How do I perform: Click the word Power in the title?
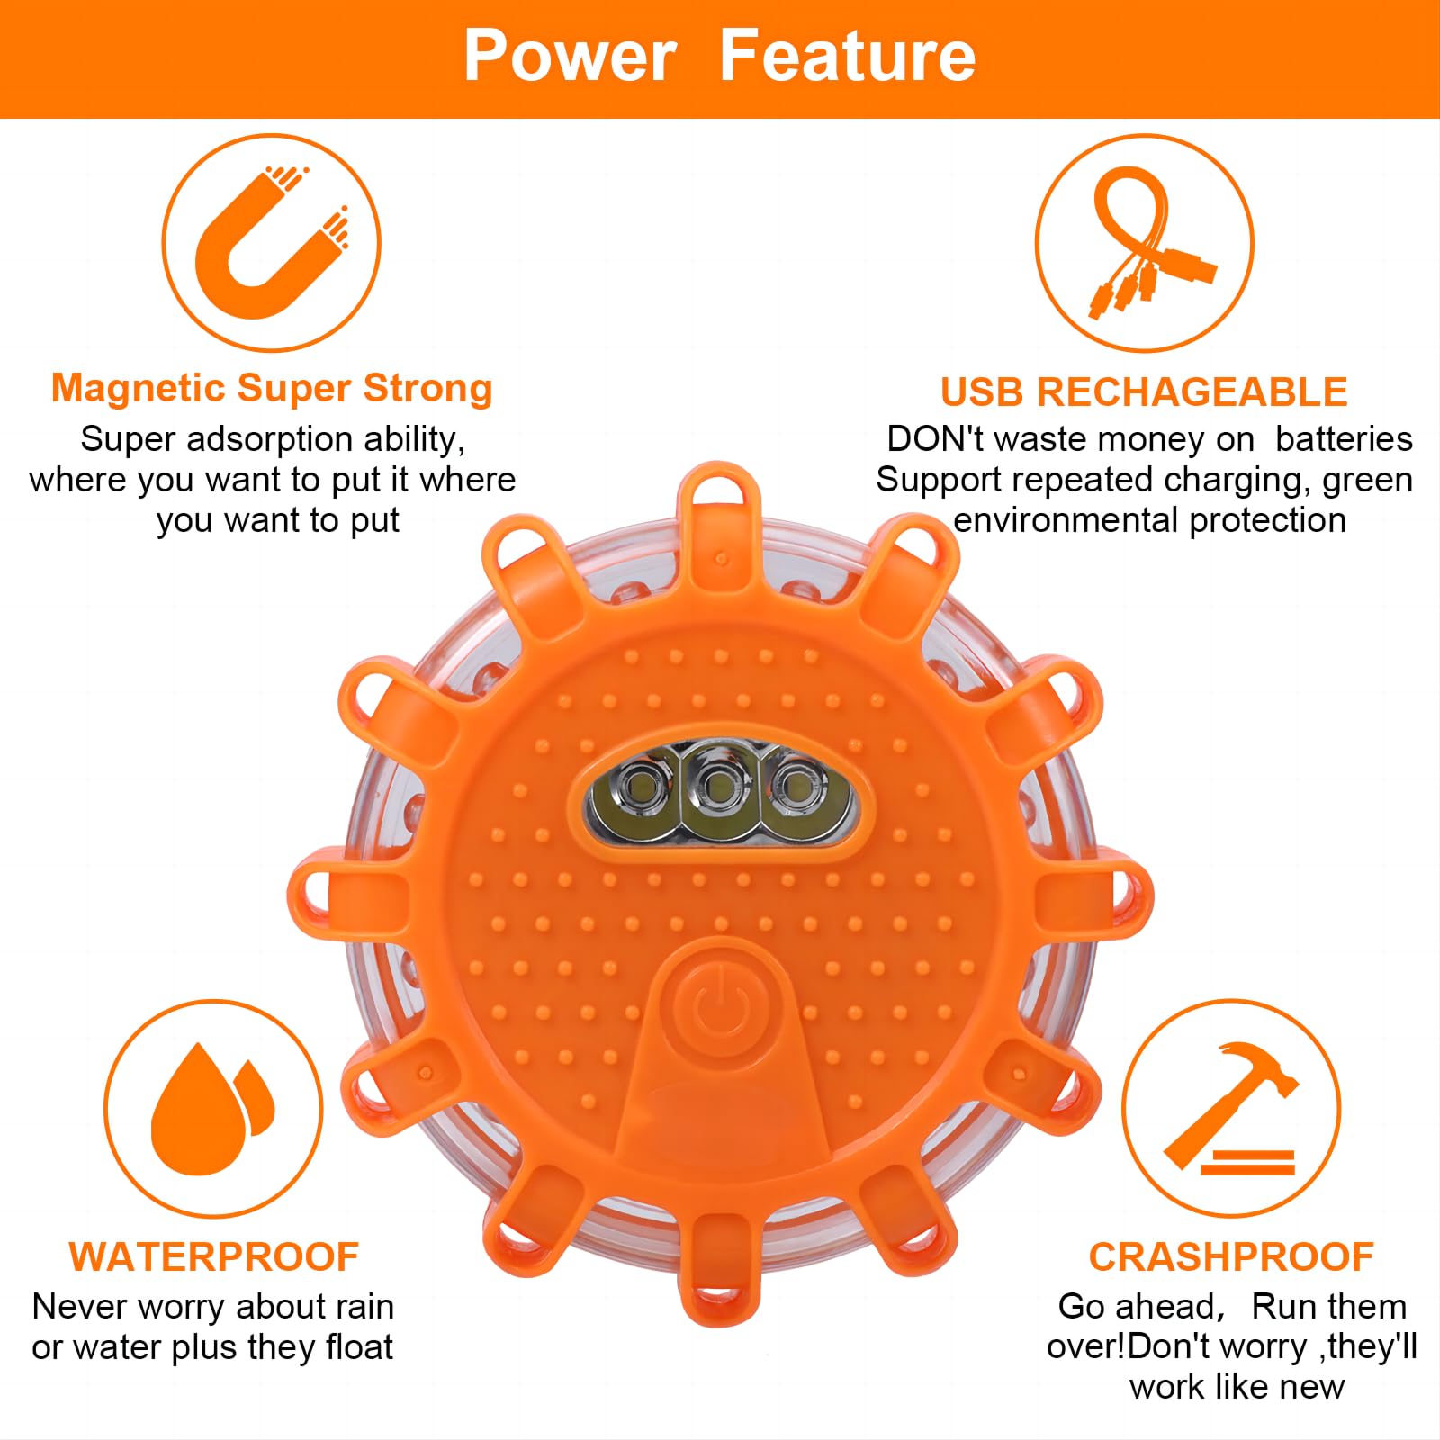tap(570, 56)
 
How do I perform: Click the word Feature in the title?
tap(848, 56)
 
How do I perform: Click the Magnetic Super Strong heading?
tap(272, 389)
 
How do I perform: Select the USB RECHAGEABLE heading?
tap(1144, 392)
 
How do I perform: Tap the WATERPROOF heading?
tap(214, 1257)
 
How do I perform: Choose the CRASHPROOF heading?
tap(1231, 1257)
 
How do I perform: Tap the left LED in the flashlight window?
tap(643, 785)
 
